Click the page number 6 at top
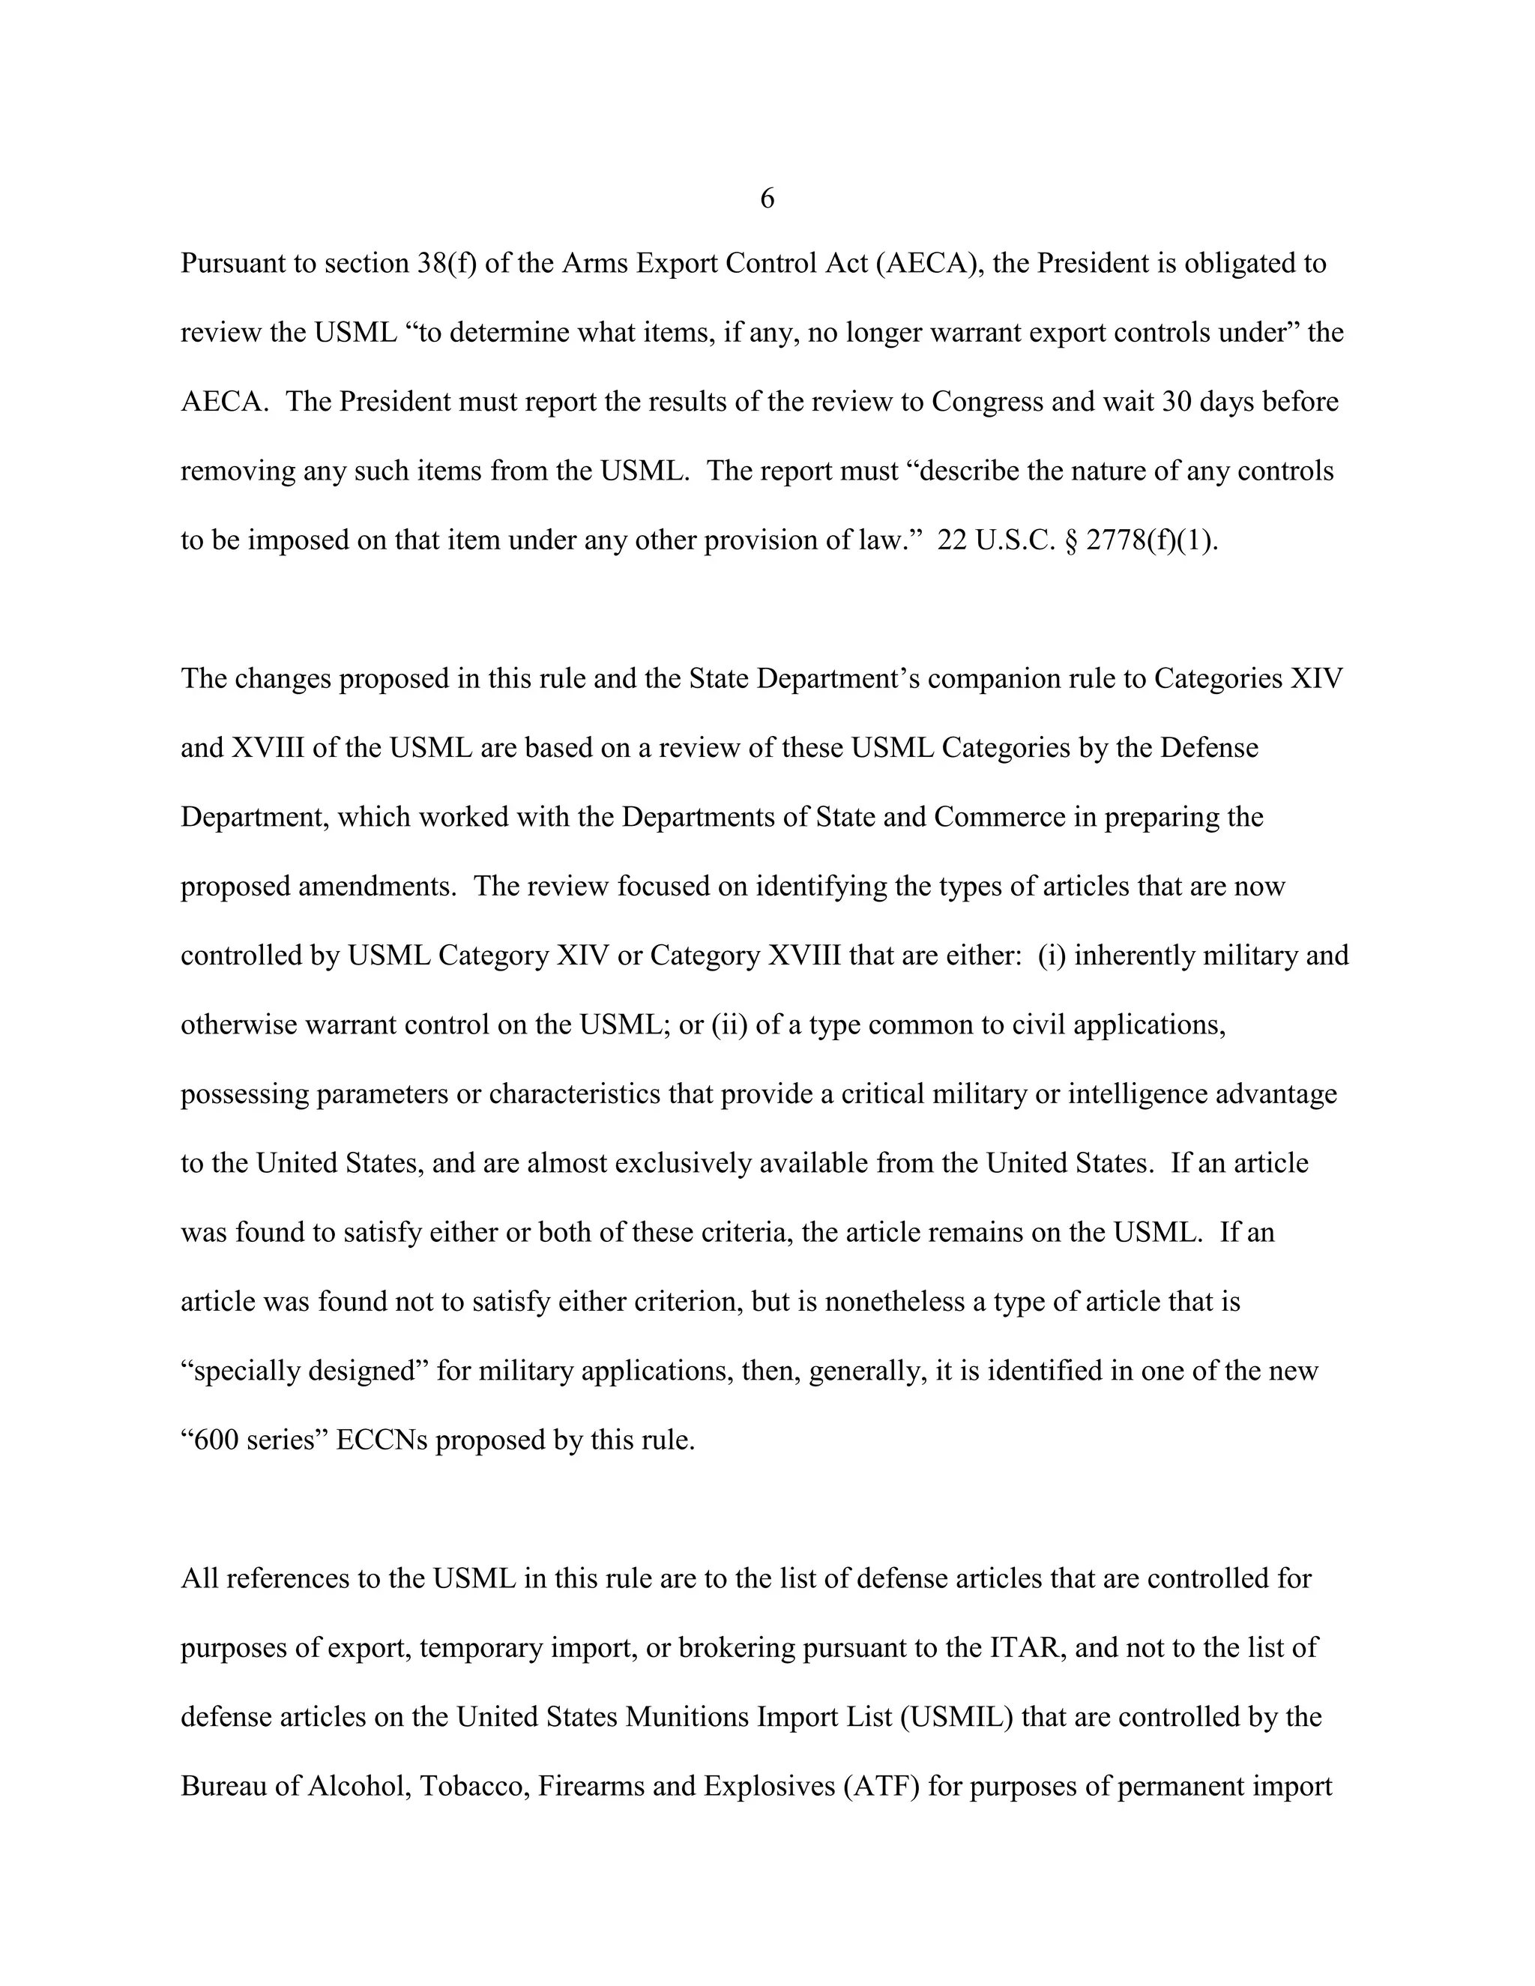pyautogui.click(x=767, y=199)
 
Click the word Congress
pyautogui.click(x=988, y=402)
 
